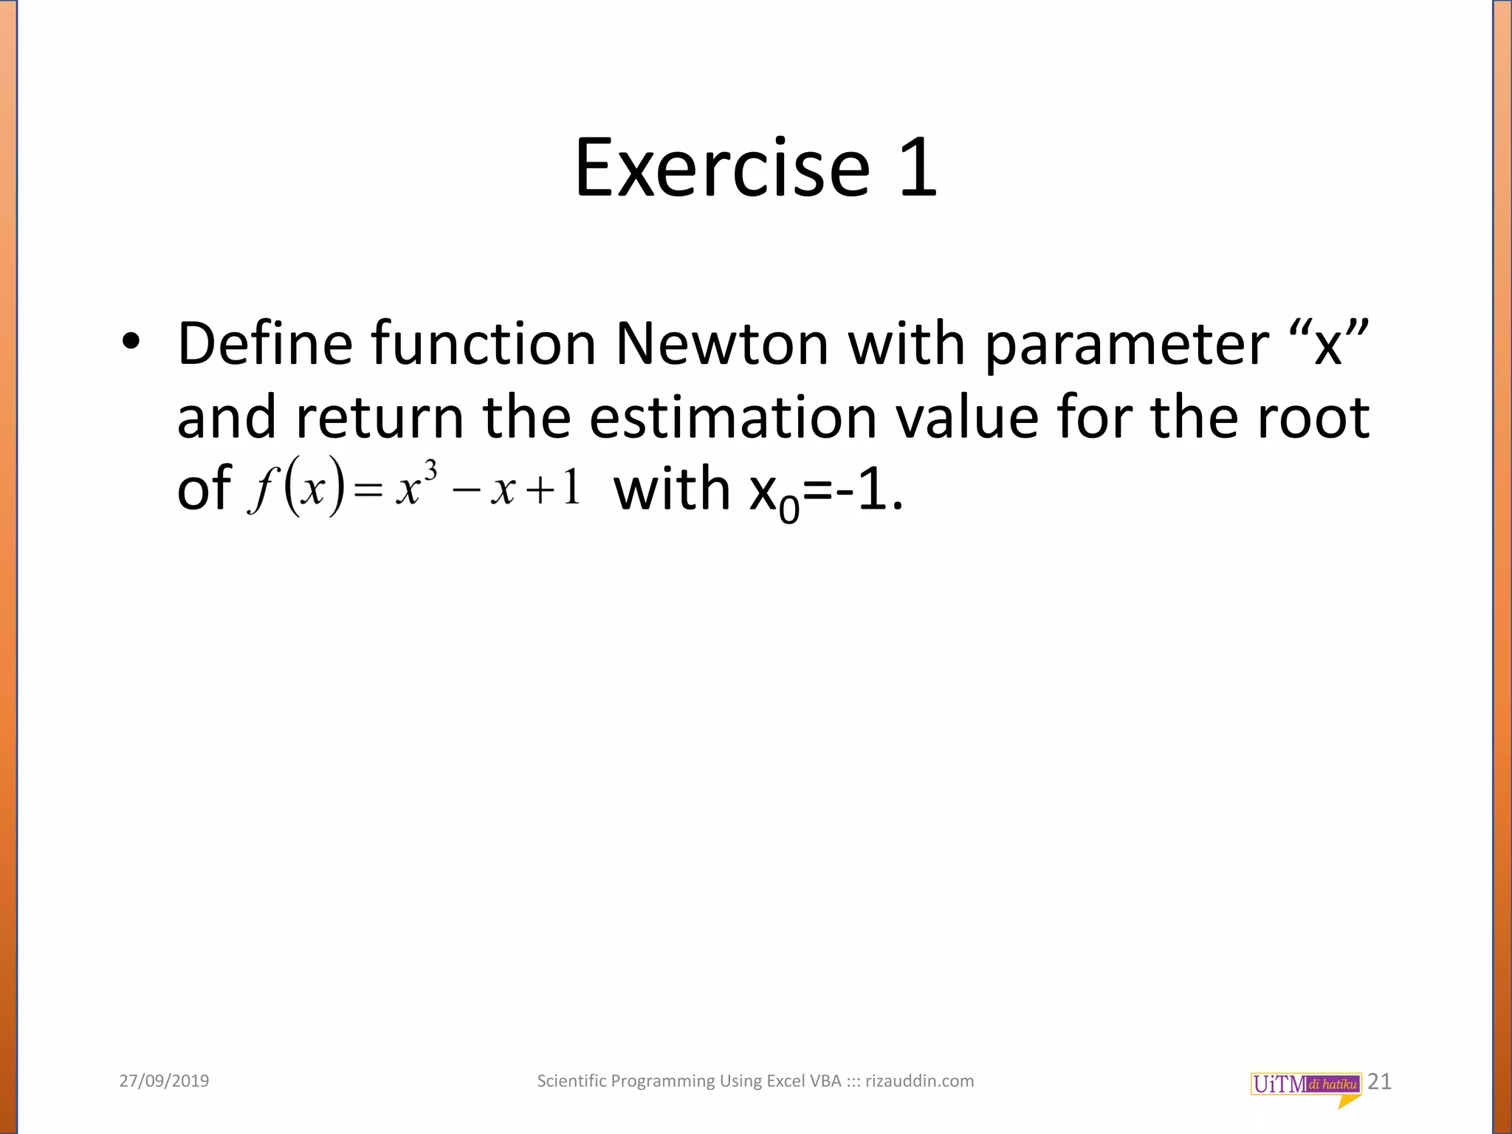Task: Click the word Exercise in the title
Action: coord(722,168)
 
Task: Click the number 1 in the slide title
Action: coord(918,168)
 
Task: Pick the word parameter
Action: coord(1127,346)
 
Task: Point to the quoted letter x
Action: coord(1327,346)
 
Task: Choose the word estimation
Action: coord(733,417)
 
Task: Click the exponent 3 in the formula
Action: coord(430,470)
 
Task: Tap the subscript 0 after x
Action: coord(789,509)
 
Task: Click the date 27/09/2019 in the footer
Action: coord(164,1081)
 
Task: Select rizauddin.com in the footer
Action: coord(919,1081)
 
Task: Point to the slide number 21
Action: coord(1380,1082)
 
